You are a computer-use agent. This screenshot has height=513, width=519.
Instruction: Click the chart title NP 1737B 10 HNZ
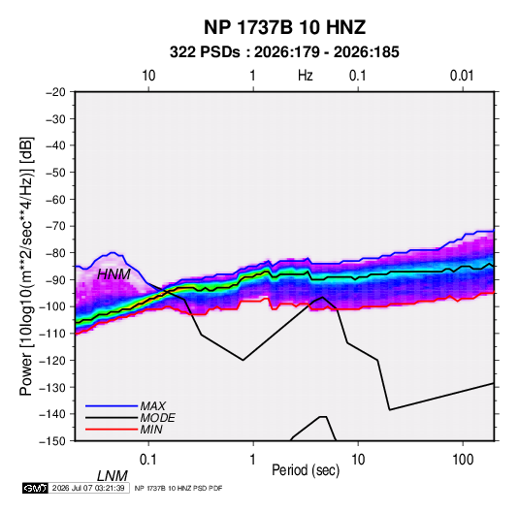point(284,27)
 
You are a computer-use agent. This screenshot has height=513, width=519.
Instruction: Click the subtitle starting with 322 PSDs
point(284,52)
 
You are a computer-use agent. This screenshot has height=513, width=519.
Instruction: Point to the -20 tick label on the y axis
point(55,92)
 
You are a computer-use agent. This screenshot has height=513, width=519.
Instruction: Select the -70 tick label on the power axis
point(55,226)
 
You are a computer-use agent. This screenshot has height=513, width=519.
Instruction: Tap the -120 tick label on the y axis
point(53,360)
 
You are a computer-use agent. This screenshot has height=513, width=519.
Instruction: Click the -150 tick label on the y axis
point(53,441)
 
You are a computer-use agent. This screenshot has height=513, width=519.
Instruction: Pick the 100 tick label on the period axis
point(463,460)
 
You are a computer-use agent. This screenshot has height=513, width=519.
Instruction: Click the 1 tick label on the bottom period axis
point(252,460)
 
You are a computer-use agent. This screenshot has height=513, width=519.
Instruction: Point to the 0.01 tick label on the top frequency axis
point(462,76)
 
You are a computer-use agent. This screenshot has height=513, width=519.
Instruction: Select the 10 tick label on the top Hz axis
point(148,76)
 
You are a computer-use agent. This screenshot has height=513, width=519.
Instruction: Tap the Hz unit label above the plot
point(306,76)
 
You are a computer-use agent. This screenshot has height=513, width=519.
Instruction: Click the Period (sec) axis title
point(306,470)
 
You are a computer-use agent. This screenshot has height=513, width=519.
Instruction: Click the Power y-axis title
point(26,267)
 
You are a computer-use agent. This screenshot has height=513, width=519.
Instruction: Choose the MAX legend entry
point(152,405)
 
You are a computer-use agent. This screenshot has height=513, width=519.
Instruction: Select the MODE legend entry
point(157,418)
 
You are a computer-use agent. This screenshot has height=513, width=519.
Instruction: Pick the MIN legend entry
point(151,430)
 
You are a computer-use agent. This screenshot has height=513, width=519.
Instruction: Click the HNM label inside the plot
point(114,274)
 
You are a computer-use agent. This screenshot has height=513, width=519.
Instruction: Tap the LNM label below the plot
point(113,476)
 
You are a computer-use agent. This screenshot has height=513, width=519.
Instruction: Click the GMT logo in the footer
point(36,488)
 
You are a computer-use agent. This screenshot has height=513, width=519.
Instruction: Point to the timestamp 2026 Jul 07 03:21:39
point(88,488)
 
